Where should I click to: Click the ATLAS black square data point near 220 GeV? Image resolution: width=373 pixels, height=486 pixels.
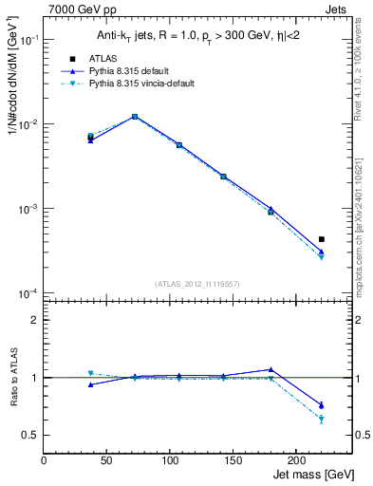322,239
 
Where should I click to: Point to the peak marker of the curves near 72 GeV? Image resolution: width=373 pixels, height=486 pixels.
135,117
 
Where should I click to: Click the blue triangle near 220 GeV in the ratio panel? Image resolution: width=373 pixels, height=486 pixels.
322,405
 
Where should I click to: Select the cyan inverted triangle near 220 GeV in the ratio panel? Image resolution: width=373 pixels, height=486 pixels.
322,420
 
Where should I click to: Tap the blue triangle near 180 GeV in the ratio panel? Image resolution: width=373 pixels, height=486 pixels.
270,369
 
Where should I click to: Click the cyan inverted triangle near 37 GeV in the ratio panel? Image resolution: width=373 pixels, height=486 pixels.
90,373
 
